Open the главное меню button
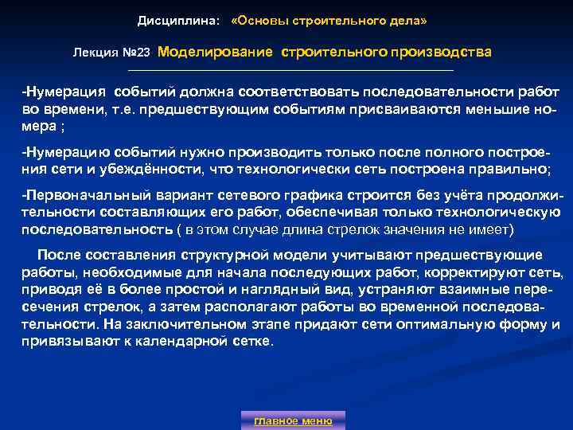[x=293, y=420]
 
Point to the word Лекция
[x=93, y=53]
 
